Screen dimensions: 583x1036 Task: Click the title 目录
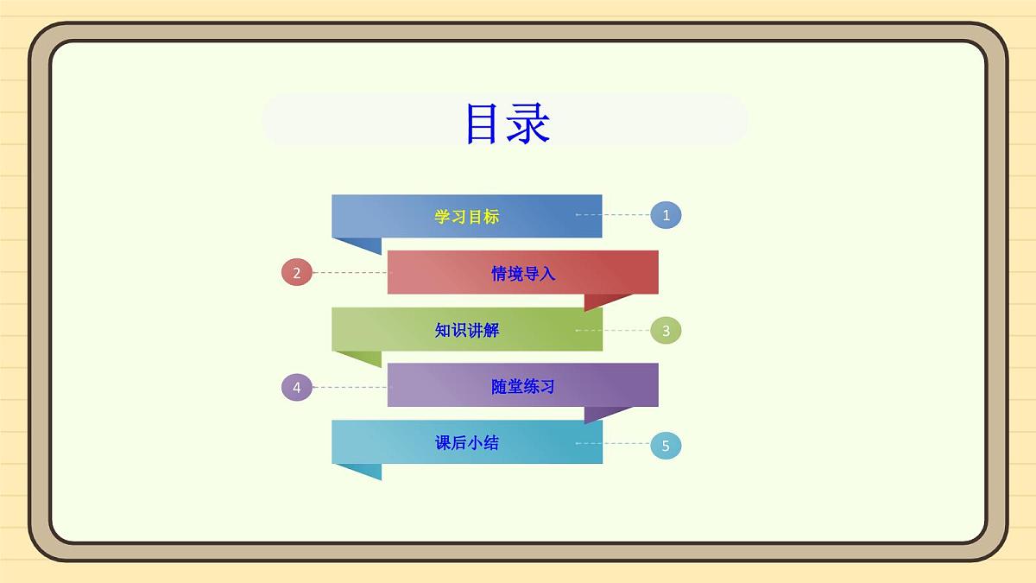[x=507, y=124]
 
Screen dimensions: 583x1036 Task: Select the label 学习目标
[x=466, y=217]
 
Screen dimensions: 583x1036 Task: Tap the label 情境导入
[x=523, y=274]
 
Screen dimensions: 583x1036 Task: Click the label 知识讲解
[x=466, y=330]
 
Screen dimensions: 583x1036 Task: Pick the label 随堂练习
[x=523, y=387]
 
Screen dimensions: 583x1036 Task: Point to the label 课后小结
[x=466, y=443]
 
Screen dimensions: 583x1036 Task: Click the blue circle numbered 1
[x=666, y=215]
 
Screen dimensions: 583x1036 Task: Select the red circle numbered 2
[x=296, y=273]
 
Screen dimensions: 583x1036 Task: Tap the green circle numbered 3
[x=666, y=330]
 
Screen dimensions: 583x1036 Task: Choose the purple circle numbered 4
[x=296, y=387]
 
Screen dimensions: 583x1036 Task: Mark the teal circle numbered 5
[x=666, y=445]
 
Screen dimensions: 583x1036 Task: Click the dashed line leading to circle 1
[x=613, y=214]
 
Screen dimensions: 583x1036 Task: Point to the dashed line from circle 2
[x=350, y=272]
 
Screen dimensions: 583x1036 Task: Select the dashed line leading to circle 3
[x=613, y=330]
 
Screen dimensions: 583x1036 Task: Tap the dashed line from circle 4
[x=350, y=387]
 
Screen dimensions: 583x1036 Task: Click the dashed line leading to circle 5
[x=613, y=443]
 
